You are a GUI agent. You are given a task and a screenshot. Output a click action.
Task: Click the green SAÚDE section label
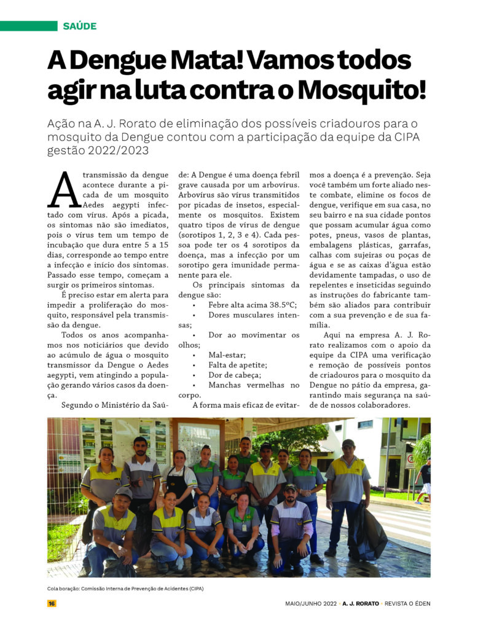point(79,26)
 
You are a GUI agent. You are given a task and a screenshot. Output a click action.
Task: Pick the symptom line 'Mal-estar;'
point(227,354)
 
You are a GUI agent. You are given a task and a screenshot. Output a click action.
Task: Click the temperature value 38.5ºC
point(280,304)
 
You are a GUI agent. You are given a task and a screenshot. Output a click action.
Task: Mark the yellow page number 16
point(52,603)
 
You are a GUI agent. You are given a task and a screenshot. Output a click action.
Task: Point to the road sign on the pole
point(410,460)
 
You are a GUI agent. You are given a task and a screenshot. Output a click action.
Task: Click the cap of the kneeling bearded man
point(289,488)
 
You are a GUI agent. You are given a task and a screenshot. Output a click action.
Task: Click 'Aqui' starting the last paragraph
point(335,335)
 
